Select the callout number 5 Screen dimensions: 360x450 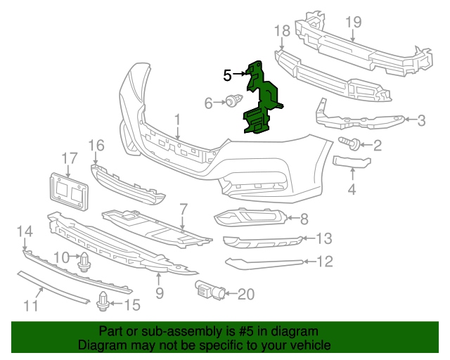[x=227, y=74]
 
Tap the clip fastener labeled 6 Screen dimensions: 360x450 [x=231, y=103]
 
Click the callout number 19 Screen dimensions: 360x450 [x=353, y=22]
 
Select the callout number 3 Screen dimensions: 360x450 [x=421, y=120]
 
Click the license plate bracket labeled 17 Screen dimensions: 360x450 [x=70, y=190]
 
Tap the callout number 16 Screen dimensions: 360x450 [x=96, y=146]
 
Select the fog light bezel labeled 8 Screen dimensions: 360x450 [x=250, y=219]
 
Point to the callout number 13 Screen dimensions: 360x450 [x=323, y=238]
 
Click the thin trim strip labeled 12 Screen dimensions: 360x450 [x=264, y=263]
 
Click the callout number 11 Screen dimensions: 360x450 [x=30, y=306]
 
